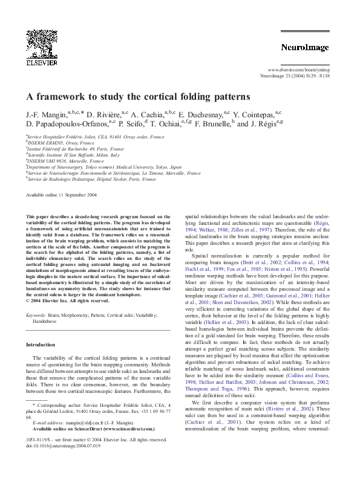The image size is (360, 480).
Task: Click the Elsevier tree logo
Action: pyautogui.click(x=37, y=45)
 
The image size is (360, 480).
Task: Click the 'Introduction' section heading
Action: pyautogui.click(x=40, y=345)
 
